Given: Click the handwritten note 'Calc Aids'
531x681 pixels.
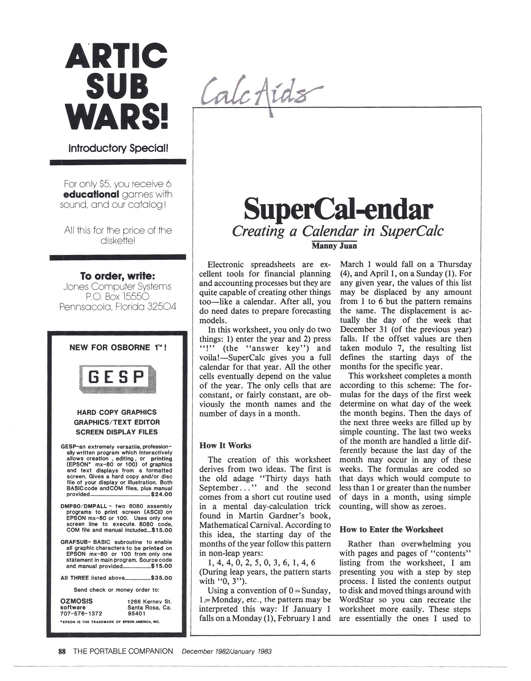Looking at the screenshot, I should (258, 94).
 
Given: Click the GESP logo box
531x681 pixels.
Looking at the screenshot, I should (117, 379).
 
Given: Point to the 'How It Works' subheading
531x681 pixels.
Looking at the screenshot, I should (225, 445).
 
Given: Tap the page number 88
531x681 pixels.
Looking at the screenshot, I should (62, 651).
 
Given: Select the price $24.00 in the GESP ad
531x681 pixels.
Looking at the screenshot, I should (161, 494).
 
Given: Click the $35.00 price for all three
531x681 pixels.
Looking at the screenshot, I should (161, 578).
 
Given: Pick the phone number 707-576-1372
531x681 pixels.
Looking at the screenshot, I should (81, 613).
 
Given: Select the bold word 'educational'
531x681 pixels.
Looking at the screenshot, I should (91, 194).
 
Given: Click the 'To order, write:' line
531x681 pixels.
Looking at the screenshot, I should (117, 276).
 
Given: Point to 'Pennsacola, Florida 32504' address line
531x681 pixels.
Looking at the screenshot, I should (117, 307).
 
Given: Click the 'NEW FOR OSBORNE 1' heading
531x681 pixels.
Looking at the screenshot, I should (117, 348).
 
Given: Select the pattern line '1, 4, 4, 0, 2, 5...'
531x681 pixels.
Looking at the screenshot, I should (262, 562).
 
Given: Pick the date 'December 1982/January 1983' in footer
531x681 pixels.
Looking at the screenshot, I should (227, 651).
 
